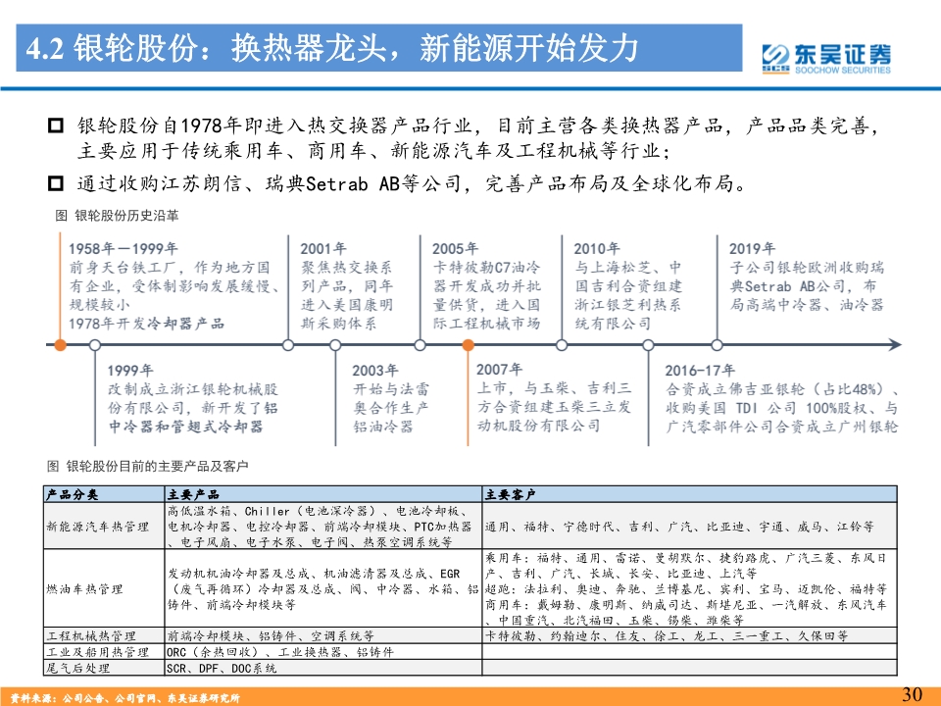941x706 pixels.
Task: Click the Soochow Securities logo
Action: (x=827, y=58)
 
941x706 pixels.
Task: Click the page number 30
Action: (x=912, y=694)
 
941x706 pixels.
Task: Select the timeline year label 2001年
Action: (x=323, y=249)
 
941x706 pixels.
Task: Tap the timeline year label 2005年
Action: (x=456, y=249)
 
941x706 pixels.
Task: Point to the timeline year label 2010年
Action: (x=597, y=249)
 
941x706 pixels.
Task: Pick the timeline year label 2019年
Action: (x=752, y=249)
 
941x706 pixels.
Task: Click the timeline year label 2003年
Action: (x=375, y=371)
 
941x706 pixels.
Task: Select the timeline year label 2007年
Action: (x=500, y=370)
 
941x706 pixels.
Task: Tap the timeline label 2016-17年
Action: (x=700, y=371)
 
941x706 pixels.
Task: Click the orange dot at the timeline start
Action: (x=60, y=344)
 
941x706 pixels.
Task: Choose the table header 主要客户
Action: (x=510, y=493)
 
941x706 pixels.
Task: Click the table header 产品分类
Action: (x=73, y=493)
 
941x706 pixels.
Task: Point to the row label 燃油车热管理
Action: (x=84, y=588)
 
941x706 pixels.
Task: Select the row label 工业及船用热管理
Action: (x=97, y=652)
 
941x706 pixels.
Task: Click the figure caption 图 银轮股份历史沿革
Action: (x=117, y=214)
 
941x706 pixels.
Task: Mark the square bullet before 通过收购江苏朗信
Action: (x=56, y=182)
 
